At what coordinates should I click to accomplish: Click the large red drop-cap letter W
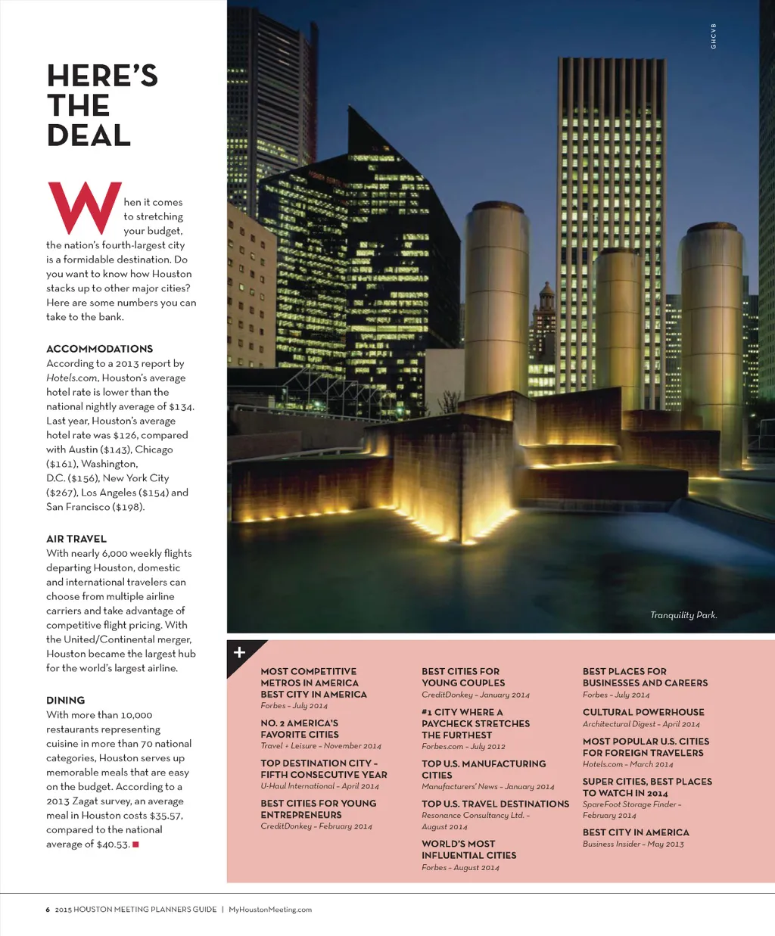click(x=85, y=207)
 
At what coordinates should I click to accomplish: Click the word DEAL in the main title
click(x=89, y=135)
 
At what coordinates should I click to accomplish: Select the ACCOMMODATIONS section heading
click(x=99, y=349)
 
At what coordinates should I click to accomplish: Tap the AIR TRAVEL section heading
click(x=76, y=539)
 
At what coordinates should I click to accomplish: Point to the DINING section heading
click(x=66, y=701)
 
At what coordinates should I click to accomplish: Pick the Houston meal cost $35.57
click(x=166, y=816)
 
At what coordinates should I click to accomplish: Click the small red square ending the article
click(x=135, y=844)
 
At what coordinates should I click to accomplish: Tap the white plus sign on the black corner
click(x=239, y=652)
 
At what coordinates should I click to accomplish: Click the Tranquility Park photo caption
click(x=683, y=615)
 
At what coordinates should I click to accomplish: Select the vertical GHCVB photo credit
click(x=713, y=36)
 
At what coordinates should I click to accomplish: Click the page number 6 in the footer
click(x=48, y=910)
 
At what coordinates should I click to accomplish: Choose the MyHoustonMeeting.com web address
click(x=270, y=910)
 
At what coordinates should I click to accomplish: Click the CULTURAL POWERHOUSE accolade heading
click(x=643, y=712)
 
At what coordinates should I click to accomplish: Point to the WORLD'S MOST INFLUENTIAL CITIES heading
click(x=469, y=850)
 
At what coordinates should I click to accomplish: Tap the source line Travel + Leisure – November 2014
click(x=321, y=746)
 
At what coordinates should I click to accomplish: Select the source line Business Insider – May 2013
click(x=633, y=844)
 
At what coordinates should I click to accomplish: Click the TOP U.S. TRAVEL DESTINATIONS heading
click(x=495, y=804)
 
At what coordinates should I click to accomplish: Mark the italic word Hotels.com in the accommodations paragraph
click(x=72, y=378)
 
